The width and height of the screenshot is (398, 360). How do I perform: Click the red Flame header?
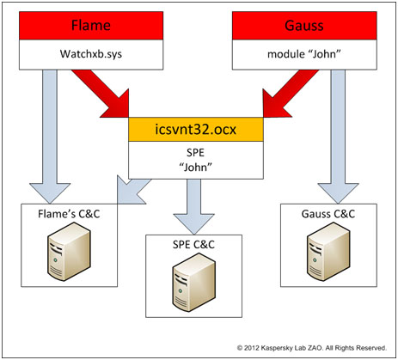coord(91,26)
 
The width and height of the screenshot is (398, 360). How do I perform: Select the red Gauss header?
coord(304,26)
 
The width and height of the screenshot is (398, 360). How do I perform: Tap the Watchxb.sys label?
coord(91,54)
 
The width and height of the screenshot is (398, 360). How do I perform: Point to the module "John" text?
coord(304,54)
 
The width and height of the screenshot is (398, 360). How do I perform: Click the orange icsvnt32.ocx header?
coord(196,130)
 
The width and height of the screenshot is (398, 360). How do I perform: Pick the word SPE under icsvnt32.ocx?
coord(196,152)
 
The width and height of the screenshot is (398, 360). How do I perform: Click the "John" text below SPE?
coord(196,167)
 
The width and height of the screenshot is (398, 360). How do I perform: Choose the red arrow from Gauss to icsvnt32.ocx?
coord(290,95)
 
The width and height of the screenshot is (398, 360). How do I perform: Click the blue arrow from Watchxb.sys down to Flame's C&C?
coord(50,136)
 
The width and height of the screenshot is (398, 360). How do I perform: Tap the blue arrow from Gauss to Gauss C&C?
coord(338,136)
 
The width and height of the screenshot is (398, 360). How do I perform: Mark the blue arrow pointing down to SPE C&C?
coord(194,206)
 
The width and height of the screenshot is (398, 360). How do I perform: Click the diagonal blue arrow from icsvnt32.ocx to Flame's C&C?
coord(132,190)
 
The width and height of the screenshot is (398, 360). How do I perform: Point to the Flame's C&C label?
coord(69,214)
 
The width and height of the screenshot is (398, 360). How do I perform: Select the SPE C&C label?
coord(193,245)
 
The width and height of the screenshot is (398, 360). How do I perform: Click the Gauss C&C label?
coord(328,214)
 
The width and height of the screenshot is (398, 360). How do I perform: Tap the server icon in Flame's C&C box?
coord(69,252)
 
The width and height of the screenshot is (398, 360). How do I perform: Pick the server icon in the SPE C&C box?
coord(193,283)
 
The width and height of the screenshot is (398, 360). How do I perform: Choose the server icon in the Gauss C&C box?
coord(328,252)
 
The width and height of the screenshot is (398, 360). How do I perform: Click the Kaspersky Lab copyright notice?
coord(312,348)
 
